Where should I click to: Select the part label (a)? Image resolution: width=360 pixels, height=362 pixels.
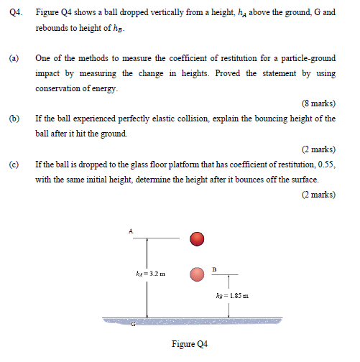14,57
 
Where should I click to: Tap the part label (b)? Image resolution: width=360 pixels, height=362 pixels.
14,118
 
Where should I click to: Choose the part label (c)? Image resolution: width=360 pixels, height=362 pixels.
14,164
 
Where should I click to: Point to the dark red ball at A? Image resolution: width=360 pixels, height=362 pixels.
198,238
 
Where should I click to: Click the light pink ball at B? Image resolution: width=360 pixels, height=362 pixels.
198,274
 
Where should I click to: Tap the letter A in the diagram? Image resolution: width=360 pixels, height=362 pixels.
131,231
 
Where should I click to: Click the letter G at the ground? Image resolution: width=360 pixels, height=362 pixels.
132,324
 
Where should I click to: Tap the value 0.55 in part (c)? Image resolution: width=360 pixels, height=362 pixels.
326,164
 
